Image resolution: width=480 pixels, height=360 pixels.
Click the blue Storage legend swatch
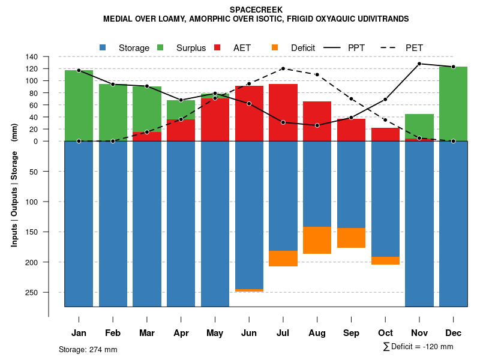(x=103, y=47)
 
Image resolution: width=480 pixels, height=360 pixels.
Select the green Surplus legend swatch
(x=160, y=47)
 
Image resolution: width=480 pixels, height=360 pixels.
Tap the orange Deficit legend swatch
(x=275, y=47)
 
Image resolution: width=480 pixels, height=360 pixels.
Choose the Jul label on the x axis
(x=283, y=333)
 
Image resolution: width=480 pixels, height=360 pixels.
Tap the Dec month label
(x=454, y=333)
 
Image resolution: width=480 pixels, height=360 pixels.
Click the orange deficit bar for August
(x=317, y=240)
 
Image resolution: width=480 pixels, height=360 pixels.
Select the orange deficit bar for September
(x=352, y=238)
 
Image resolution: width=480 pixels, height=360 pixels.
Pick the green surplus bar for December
(x=454, y=104)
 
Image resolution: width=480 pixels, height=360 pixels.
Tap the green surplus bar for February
(x=113, y=112)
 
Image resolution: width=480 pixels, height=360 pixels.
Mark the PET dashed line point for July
(x=283, y=68)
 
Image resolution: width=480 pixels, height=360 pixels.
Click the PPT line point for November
(x=419, y=64)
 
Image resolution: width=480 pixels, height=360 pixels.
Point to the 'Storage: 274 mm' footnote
(x=88, y=349)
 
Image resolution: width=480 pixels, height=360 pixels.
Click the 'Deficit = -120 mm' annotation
(x=422, y=347)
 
